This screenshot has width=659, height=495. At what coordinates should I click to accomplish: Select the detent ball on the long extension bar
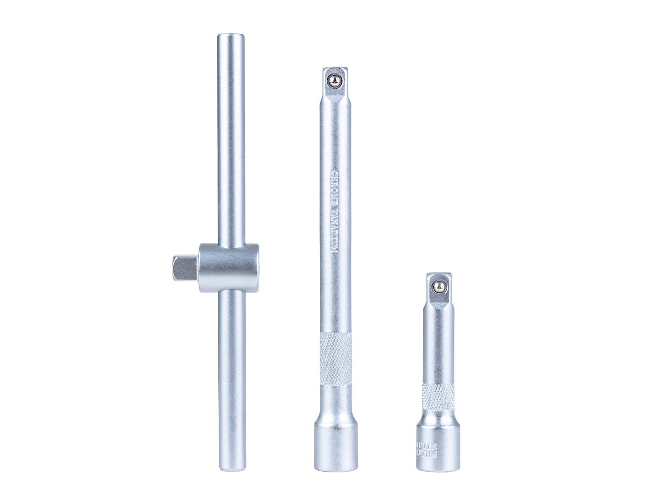(x=335, y=80)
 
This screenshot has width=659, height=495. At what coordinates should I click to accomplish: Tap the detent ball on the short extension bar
(x=438, y=286)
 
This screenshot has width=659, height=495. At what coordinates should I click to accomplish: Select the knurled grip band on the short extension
(x=438, y=396)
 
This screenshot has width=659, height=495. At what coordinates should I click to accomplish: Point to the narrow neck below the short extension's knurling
(x=438, y=415)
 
